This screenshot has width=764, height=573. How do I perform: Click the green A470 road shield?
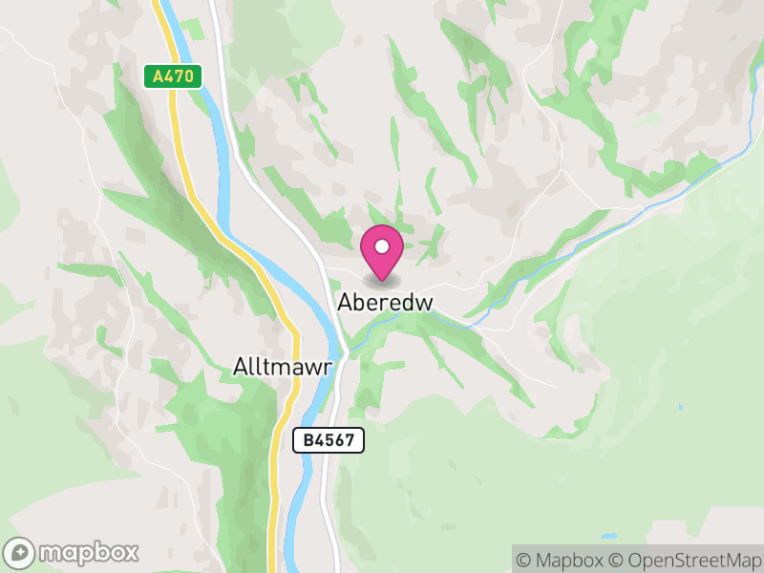pos(173,76)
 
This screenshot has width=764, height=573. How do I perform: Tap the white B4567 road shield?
pos(329,440)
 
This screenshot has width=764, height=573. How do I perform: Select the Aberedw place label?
pos(386,302)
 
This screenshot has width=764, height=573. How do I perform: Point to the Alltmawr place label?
pos(282,367)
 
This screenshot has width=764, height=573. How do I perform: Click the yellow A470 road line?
pos(181,153)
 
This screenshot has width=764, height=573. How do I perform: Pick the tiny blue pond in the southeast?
pos(681,407)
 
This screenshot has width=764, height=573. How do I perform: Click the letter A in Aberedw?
pos(345,302)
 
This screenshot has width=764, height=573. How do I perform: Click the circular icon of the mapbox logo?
pos(19,552)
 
